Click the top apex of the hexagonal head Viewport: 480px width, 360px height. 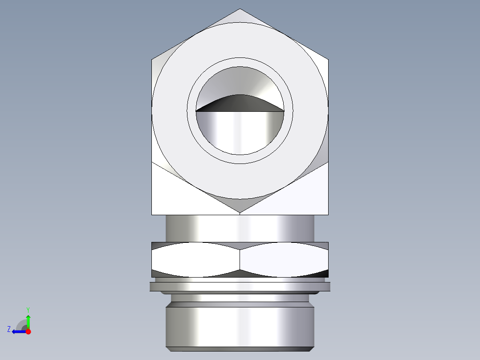[x=240, y=10]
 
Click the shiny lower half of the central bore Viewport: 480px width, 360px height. [x=240, y=131]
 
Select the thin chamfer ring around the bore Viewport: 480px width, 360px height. [x=240, y=62]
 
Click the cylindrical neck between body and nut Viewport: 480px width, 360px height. [x=240, y=228]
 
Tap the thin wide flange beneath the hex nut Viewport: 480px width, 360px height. [x=240, y=286]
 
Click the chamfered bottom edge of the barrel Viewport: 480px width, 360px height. [x=240, y=349]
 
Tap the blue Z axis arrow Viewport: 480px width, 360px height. [x=18, y=331]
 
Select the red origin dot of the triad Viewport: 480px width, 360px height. [x=28, y=331]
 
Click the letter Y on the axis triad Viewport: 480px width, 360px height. [x=28, y=309]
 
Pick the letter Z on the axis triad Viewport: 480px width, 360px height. [x=9, y=329]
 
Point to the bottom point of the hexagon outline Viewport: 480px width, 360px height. [x=240, y=213]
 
